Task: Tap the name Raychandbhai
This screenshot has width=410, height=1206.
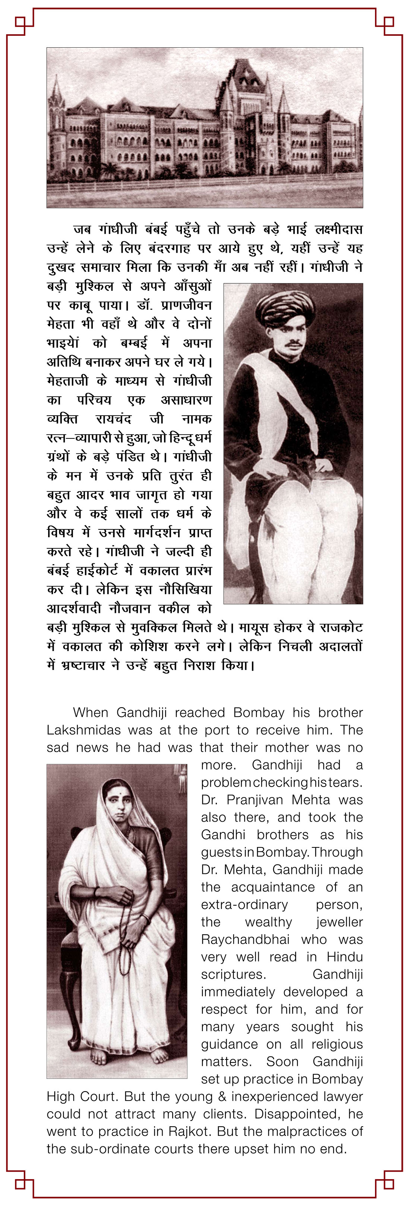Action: [x=245, y=939]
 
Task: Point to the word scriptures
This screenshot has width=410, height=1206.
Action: [x=233, y=975]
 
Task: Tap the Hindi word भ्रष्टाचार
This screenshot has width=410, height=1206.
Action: [x=83, y=665]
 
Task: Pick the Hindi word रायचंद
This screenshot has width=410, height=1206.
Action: [x=113, y=419]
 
